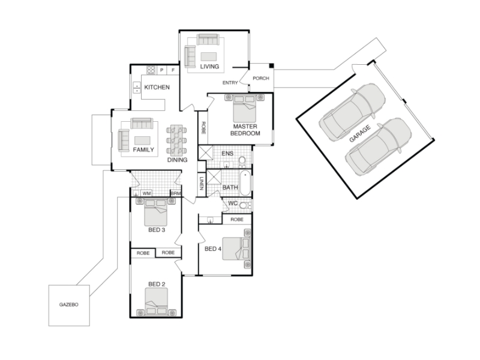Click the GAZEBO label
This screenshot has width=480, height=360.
68,305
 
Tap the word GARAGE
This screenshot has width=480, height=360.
360,133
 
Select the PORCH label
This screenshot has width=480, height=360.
261,79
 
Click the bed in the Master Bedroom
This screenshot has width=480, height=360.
245,109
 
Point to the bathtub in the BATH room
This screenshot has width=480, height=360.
245,183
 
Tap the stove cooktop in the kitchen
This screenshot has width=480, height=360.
151,70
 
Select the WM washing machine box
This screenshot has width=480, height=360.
146,193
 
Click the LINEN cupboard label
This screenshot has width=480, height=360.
202,184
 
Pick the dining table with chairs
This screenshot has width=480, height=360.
176,139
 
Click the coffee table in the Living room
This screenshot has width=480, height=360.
208,56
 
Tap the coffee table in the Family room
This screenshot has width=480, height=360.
142,140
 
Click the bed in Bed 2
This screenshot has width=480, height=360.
157,302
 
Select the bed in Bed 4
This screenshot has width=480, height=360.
236,248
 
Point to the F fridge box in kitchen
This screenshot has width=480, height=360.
173,70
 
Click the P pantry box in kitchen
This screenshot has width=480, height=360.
161,70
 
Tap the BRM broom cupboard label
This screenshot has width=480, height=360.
176,193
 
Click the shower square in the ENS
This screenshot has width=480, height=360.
205,153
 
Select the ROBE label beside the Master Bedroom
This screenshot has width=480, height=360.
203,128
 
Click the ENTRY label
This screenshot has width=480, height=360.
230,83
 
